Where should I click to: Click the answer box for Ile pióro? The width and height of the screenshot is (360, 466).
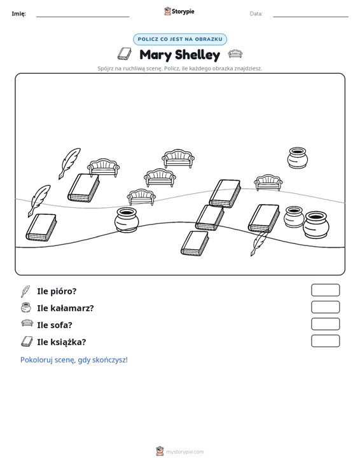[325, 290]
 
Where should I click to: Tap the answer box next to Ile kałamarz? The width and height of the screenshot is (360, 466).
[325, 307]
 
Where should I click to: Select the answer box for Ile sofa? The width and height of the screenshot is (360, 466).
[325, 324]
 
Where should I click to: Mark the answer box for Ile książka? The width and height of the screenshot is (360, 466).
[325, 341]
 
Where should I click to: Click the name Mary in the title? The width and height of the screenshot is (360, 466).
[155, 55]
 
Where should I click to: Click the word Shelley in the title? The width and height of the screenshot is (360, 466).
[198, 55]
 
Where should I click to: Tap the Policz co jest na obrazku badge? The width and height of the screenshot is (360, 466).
[180, 39]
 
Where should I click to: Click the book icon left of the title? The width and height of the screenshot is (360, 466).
[124, 54]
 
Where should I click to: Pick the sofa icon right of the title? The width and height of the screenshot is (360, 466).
[235, 54]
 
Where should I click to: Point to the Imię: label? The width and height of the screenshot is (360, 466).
[18, 14]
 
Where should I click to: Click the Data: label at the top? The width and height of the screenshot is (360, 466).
[256, 14]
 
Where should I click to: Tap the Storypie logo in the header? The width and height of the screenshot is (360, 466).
[179, 11]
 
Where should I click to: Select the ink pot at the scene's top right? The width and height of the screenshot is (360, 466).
[297, 158]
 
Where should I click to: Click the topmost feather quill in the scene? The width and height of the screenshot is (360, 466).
[69, 163]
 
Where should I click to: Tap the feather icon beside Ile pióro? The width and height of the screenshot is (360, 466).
[25, 291]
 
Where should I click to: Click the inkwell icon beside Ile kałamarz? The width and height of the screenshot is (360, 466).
[26, 308]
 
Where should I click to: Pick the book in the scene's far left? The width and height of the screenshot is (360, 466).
[41, 228]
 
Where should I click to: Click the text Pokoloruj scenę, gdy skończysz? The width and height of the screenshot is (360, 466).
[74, 360]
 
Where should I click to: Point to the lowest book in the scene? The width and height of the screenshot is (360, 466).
[195, 243]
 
